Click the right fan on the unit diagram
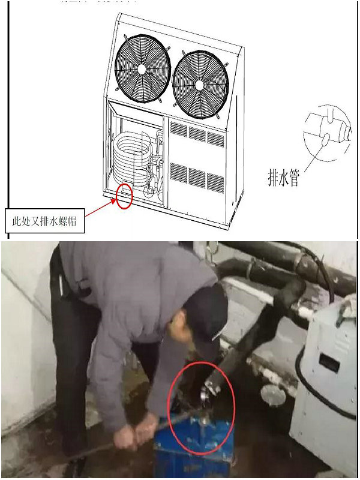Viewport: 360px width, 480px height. [201, 83]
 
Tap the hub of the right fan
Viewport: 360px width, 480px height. [201, 83]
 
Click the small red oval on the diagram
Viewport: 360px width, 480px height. [124, 197]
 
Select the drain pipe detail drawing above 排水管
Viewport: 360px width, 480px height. [327, 132]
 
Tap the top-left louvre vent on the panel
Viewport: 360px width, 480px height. [179, 128]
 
